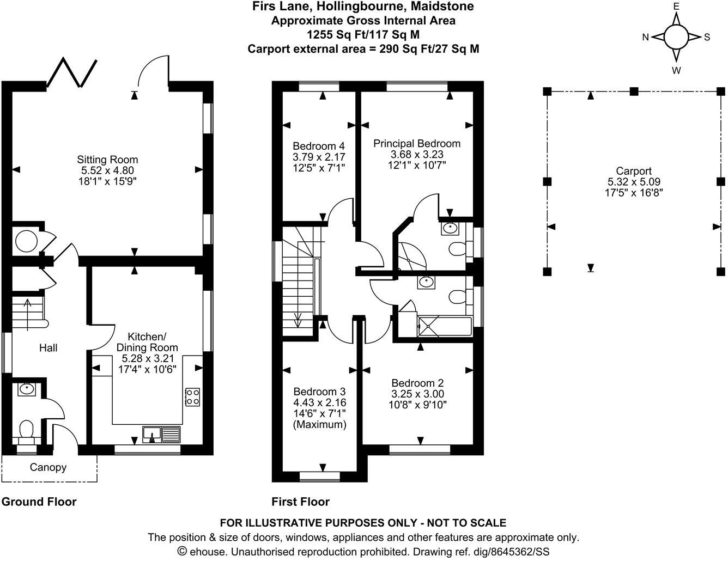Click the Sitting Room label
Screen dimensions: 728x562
coord(107,160)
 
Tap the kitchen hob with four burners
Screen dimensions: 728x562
coord(193,397)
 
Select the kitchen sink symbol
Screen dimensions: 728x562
coord(161,435)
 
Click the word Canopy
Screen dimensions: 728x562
coord(48,467)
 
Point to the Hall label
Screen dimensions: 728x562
coord(48,348)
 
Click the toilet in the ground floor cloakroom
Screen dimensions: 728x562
coord(27,430)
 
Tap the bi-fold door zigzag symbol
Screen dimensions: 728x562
coord(72,72)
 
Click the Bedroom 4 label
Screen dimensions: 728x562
coord(319,146)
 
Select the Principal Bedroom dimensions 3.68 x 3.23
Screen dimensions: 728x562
coord(417,154)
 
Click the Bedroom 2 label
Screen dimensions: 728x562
coord(417,383)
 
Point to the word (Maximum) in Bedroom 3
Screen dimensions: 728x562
coord(320,425)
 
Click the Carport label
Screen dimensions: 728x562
coord(634,171)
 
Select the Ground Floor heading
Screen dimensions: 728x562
coord(39,502)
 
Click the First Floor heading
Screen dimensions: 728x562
coord(300,502)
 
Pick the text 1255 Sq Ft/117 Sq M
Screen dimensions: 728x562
coord(363,34)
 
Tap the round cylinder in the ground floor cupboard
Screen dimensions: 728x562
coord(27,241)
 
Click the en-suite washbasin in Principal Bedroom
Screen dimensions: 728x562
coord(450,228)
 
